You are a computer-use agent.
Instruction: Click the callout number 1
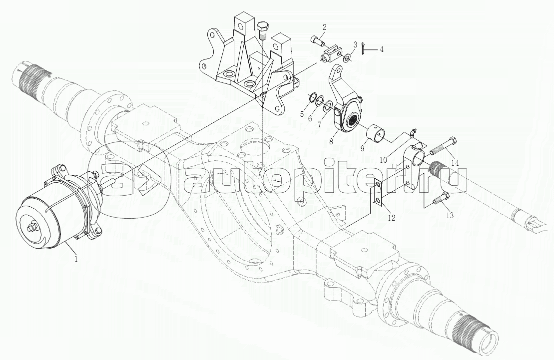point(75,259)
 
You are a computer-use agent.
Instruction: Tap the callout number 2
point(324,27)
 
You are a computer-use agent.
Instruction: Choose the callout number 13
point(450,215)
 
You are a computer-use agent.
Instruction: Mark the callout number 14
point(455,163)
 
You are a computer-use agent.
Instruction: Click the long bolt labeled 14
point(444,146)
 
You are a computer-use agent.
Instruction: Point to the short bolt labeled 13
point(441,199)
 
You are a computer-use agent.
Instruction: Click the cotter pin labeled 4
point(364,48)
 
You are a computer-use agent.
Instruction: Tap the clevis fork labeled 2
point(332,54)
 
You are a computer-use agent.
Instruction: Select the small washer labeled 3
point(348,57)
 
